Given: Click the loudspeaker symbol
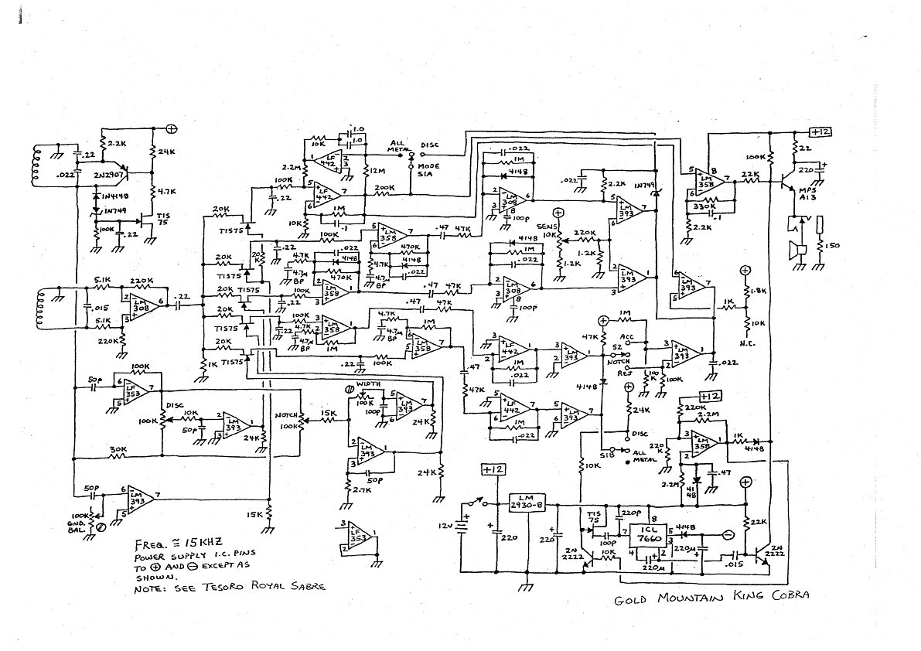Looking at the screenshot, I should point(793,250).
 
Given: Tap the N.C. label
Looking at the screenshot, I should point(746,341).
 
